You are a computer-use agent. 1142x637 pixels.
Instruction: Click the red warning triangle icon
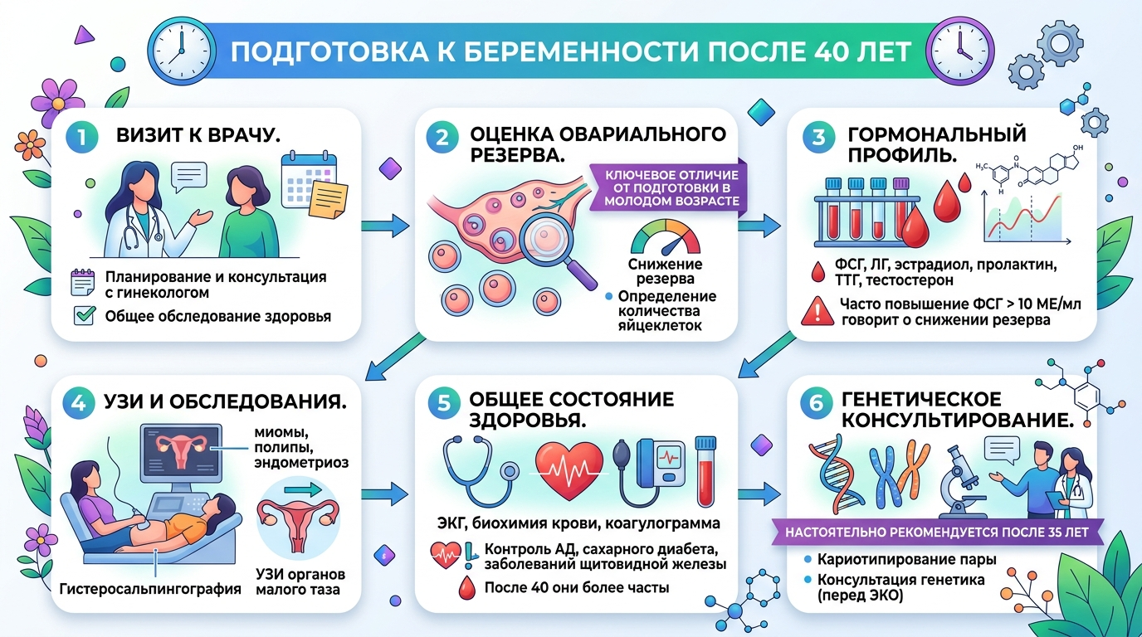click(x=817, y=312)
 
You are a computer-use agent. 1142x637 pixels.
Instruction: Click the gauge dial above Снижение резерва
click(x=665, y=237)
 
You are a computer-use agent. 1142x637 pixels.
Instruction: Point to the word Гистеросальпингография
click(x=151, y=589)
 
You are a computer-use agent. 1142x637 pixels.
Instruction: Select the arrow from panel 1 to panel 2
click(x=386, y=224)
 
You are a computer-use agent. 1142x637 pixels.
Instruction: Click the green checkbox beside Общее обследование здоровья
click(x=84, y=315)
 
